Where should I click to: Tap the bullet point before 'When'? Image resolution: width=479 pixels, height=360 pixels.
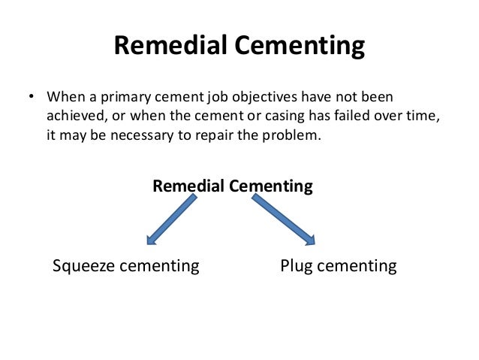point(31,98)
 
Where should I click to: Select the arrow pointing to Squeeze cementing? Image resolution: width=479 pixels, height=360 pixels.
point(172,220)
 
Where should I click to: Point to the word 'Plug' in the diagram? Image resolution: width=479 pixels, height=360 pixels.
point(295,266)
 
